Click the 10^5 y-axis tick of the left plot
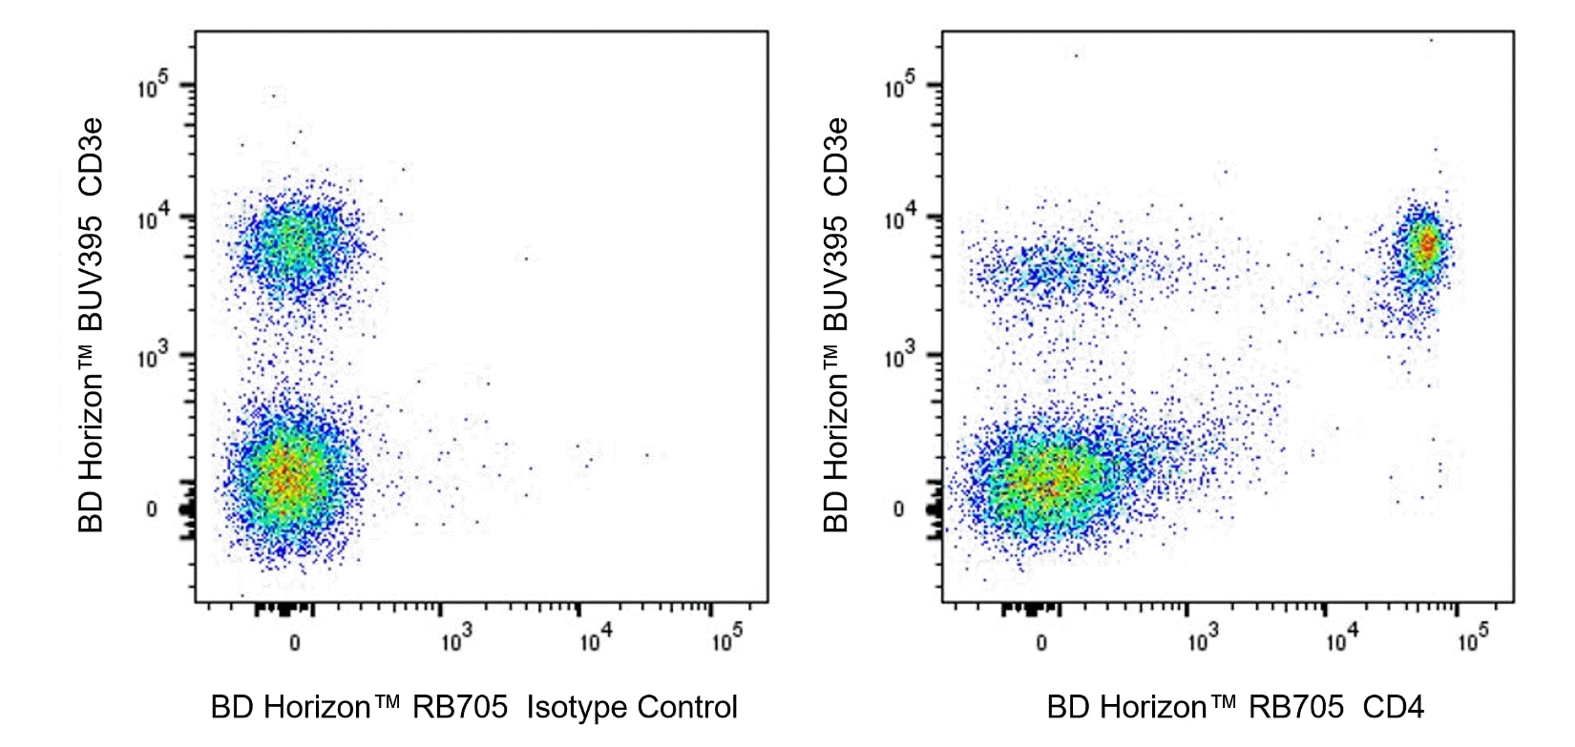coord(152,87)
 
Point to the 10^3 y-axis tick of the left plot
coord(152,357)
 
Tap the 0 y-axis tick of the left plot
coord(152,509)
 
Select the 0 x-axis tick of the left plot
coord(294,642)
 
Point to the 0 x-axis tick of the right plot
coord(1041,642)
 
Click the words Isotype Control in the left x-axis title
coord(632,707)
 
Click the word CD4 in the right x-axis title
coord(1394,707)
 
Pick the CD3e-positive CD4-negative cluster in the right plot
coord(1050,268)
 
